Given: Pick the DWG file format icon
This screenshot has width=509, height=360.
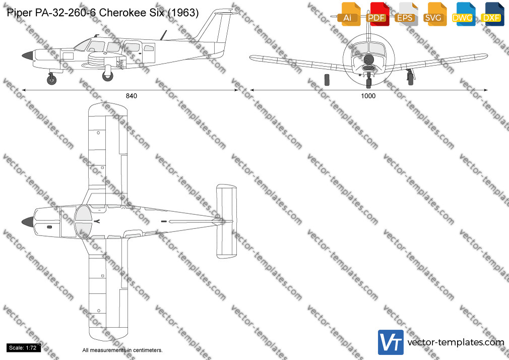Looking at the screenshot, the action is pyautogui.click(x=464, y=14).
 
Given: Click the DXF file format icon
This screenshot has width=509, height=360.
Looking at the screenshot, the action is pyautogui.click(x=493, y=14).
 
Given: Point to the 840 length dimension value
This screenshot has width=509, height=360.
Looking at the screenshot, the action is pyautogui.click(x=132, y=96).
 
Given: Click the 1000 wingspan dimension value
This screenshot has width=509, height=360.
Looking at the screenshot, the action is pyautogui.click(x=368, y=96).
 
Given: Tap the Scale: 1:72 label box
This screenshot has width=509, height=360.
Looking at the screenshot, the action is pyautogui.click(x=23, y=348).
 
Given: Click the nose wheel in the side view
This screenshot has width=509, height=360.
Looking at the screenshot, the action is pyautogui.click(x=51, y=79).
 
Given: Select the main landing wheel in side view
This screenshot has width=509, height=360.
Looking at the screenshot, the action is pyautogui.click(x=107, y=76).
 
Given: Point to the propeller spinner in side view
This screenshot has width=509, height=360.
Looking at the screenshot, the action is pyautogui.click(x=27, y=55).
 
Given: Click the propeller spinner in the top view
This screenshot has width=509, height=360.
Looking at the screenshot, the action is pyautogui.click(x=27, y=222).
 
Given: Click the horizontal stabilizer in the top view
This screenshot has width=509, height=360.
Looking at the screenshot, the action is pyautogui.click(x=226, y=221).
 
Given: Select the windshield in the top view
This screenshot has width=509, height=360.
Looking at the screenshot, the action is pyautogui.click(x=83, y=222).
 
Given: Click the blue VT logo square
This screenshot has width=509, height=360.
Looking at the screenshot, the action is pyautogui.click(x=391, y=342).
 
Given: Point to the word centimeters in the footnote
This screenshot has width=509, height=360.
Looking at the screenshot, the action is pyautogui.click(x=147, y=350).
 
